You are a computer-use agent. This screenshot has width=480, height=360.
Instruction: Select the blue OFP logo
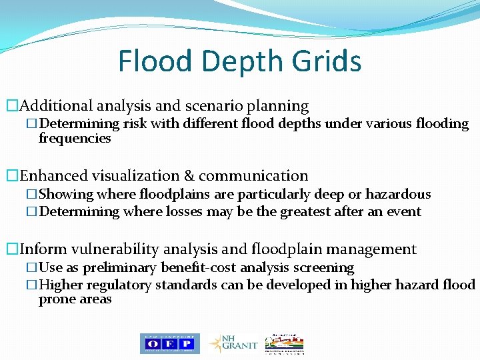click(x=169, y=343)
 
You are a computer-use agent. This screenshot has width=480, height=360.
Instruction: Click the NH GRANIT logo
click(x=234, y=343)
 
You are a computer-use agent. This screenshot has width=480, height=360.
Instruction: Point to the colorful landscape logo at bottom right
click(x=284, y=343)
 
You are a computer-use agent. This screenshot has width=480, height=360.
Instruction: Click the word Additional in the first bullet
click(x=57, y=105)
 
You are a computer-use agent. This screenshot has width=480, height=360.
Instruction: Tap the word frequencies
click(x=75, y=139)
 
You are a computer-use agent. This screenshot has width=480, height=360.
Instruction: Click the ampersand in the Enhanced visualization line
click(x=189, y=176)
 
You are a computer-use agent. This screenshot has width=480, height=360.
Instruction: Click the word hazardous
click(x=399, y=194)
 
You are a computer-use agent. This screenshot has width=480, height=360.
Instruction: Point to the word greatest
click(x=317, y=212)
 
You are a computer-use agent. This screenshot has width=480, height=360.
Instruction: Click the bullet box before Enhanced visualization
click(x=11, y=176)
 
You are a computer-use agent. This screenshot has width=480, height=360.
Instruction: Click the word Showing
click(x=66, y=194)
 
